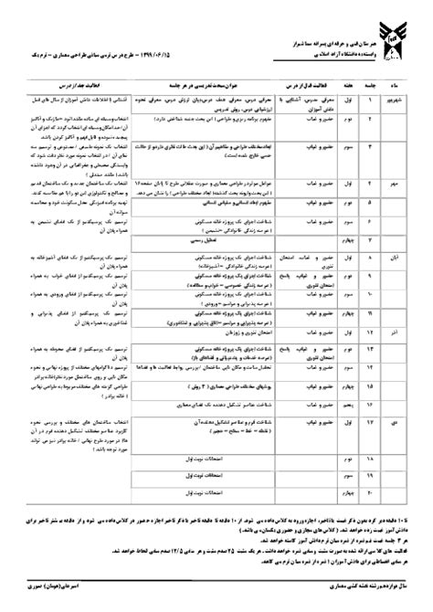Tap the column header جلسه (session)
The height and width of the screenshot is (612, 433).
(372, 89)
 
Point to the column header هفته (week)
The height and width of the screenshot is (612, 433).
(349, 89)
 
